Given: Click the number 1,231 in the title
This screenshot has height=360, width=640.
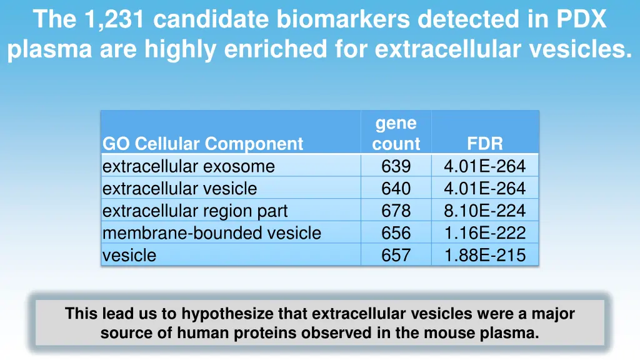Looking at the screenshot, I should [x=114, y=19].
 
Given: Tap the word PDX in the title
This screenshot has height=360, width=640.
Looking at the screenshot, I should [x=581, y=19].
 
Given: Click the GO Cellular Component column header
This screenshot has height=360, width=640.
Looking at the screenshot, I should [x=202, y=144].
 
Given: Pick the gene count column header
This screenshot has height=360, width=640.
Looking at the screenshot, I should [x=396, y=133].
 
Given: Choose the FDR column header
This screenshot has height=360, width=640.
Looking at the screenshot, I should [x=484, y=144].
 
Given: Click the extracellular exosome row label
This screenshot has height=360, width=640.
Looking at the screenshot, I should [x=188, y=166].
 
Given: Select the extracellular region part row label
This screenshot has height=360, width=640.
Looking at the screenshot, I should [x=195, y=211].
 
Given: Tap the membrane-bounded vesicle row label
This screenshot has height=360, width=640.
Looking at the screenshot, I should [x=211, y=233].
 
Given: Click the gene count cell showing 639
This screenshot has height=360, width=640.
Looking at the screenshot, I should [x=396, y=166].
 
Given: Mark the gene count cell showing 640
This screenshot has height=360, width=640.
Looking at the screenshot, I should [x=396, y=189].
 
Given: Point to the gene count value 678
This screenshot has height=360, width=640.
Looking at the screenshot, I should [x=396, y=211].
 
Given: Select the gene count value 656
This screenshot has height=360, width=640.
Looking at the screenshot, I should [x=396, y=233].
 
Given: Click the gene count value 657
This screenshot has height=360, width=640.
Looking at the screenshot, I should [x=396, y=255].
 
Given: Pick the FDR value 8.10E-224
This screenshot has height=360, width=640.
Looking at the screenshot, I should [x=484, y=211].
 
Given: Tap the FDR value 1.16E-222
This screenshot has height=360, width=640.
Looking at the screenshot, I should [x=484, y=233].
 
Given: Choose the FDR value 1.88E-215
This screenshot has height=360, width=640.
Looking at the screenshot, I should [x=484, y=255].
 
